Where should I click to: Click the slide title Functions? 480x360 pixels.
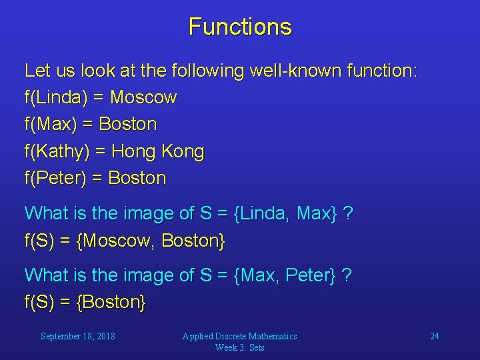point(240,27)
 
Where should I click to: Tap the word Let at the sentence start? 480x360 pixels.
point(37,71)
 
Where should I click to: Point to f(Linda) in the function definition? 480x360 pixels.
point(55,98)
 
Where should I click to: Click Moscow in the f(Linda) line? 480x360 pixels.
point(143,98)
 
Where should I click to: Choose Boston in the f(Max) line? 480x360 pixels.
point(128,125)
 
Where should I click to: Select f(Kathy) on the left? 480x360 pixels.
point(57,151)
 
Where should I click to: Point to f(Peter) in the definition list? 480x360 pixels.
point(57,178)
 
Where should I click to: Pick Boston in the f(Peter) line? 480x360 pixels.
point(137,178)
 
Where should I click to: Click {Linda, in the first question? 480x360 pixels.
point(263,213)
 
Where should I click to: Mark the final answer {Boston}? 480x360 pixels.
point(111,302)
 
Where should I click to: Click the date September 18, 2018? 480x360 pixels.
point(77,336)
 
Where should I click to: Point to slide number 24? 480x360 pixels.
point(434,336)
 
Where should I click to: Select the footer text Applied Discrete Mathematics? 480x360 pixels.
point(240,336)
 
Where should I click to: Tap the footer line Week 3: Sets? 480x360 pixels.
point(240,347)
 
